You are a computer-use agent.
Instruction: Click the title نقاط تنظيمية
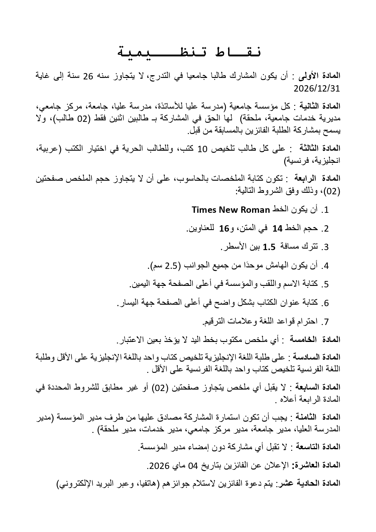click(x=189, y=52)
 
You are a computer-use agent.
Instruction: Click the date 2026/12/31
click(x=317, y=89)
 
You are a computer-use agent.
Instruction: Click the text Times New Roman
click(x=231, y=210)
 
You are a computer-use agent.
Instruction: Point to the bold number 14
click(x=277, y=229)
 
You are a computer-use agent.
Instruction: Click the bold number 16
click(x=225, y=229)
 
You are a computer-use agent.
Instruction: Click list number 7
click(x=326, y=322)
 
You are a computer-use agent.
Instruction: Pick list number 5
click(x=326, y=284)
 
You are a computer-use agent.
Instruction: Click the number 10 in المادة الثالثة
click(x=202, y=149)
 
